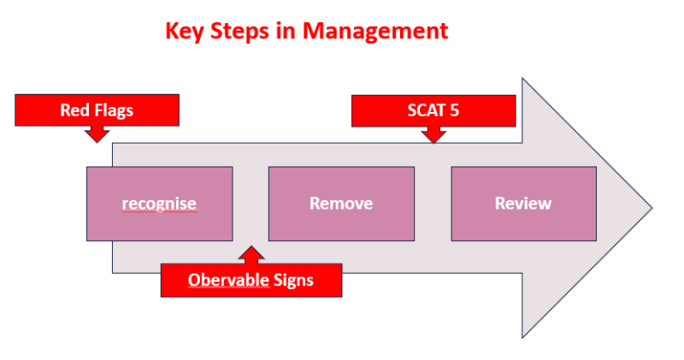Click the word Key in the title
coord(183,32)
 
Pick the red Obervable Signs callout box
coord(251,280)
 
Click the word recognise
coord(159,204)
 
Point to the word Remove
coord(341,204)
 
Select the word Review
coord(523,204)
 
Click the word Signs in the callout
coord(294,280)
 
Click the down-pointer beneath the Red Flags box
coord(97,133)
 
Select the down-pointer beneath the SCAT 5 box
coord(434,134)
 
